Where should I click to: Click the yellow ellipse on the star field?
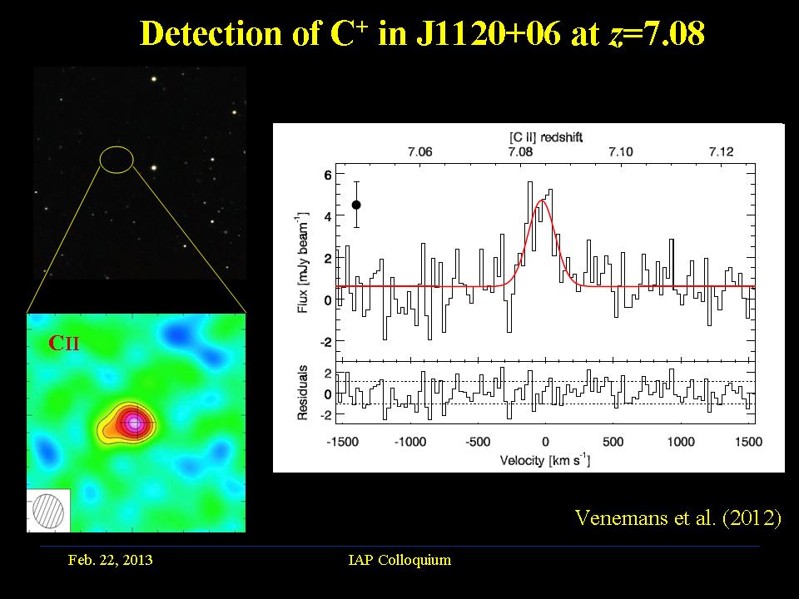pos(117,159)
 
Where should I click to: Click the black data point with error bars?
pos(356,205)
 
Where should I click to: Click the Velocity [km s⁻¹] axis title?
pos(544,460)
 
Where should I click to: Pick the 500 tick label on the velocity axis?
pos(613,443)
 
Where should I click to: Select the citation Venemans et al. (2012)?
pos(678,517)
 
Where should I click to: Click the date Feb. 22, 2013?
pos(110,560)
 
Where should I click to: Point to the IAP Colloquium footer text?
pos(399,560)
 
